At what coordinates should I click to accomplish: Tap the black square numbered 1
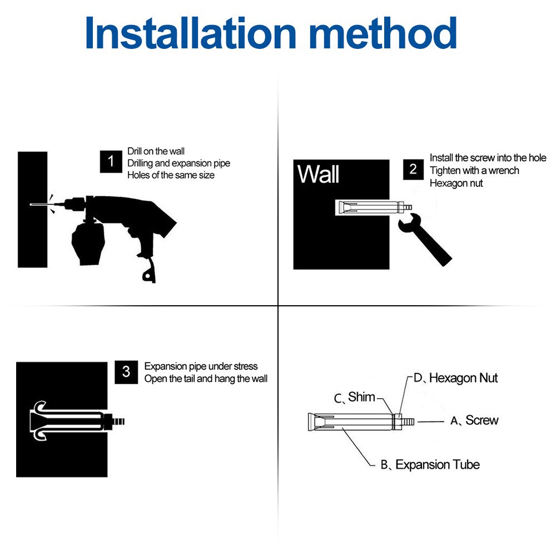point(111,162)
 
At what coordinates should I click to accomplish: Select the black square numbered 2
point(413,170)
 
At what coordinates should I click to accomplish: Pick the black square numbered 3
point(126,372)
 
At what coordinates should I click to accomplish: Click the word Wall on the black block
point(318,174)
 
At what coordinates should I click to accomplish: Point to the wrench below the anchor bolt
point(424,239)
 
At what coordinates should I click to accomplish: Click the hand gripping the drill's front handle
point(88,244)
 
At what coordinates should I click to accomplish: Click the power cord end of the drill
point(150,271)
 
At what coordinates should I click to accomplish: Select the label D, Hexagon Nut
point(456,378)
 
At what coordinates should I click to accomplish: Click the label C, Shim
point(354,398)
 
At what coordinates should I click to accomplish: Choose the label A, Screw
point(474,420)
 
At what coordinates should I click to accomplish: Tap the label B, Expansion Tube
point(430,465)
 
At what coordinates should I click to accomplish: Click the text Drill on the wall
point(156,151)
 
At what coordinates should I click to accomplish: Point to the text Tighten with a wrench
point(474,171)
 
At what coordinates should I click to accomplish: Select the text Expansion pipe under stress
point(201,366)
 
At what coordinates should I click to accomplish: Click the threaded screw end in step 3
point(118,421)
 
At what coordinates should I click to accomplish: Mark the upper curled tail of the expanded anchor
point(39,406)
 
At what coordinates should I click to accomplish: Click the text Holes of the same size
point(171,175)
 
